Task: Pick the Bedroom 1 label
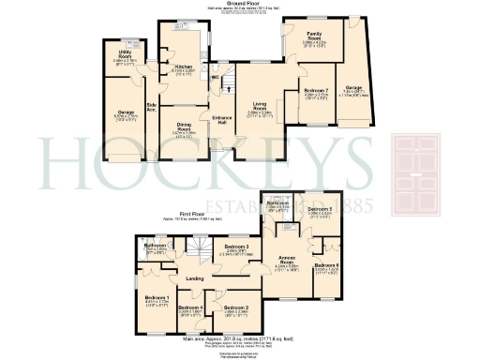tap(156, 300)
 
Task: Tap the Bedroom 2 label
tap(234, 308)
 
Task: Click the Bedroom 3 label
tap(235, 247)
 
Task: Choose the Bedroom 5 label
tap(321, 209)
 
